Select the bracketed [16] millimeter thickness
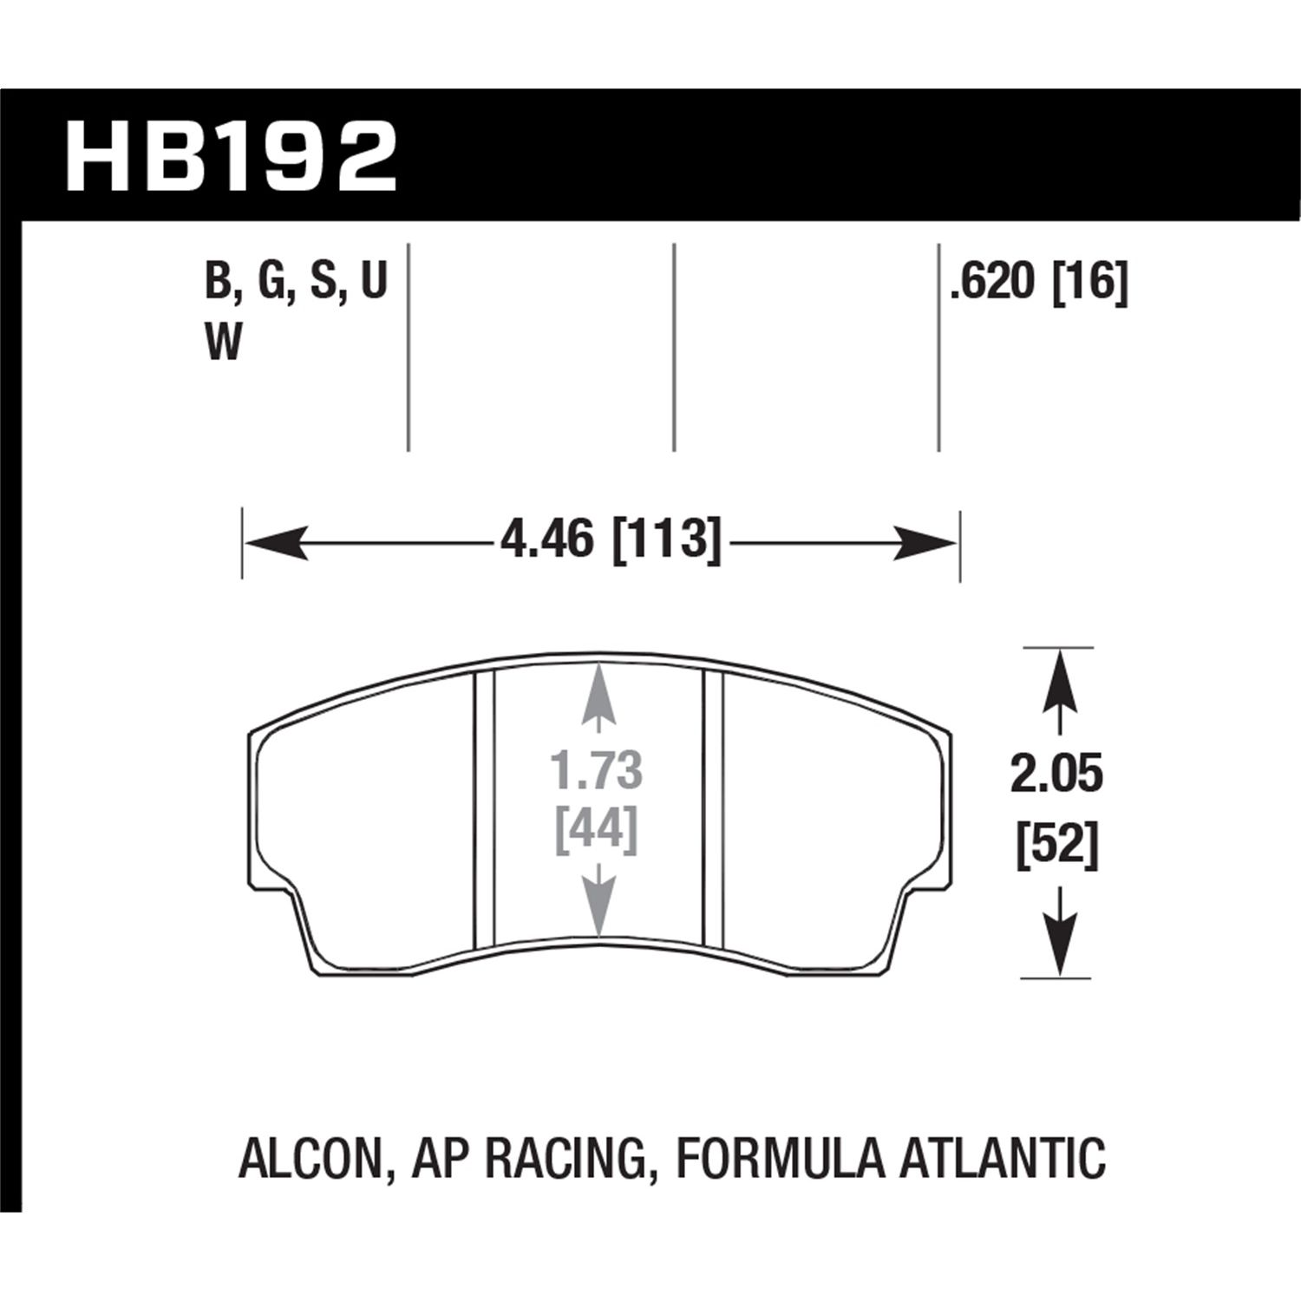coord(1089,284)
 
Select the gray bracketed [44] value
coord(597,829)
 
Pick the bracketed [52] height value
coord(1057,846)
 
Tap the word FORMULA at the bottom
coord(779,1160)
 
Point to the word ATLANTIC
coord(1002,1160)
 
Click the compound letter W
coord(223,344)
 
